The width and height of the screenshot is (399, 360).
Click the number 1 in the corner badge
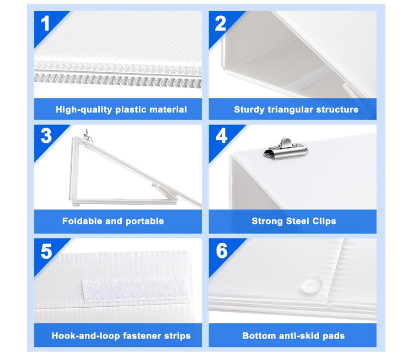[x=45, y=23]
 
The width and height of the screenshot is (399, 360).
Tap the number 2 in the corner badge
[x=220, y=23]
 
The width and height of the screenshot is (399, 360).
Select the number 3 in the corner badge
[x=46, y=136]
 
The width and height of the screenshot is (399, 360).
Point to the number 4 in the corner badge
[x=221, y=136]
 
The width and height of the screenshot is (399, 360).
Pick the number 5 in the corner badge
[x=47, y=251]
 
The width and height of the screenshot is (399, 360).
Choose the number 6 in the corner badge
[x=222, y=251]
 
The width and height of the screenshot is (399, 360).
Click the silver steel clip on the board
[x=286, y=150]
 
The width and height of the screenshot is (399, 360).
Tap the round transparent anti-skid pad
[x=312, y=283]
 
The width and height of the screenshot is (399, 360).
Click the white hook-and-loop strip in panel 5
[x=135, y=290]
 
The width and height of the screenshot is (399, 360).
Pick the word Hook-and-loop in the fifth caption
[x=86, y=336]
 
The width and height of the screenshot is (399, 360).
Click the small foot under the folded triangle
[x=76, y=204]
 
